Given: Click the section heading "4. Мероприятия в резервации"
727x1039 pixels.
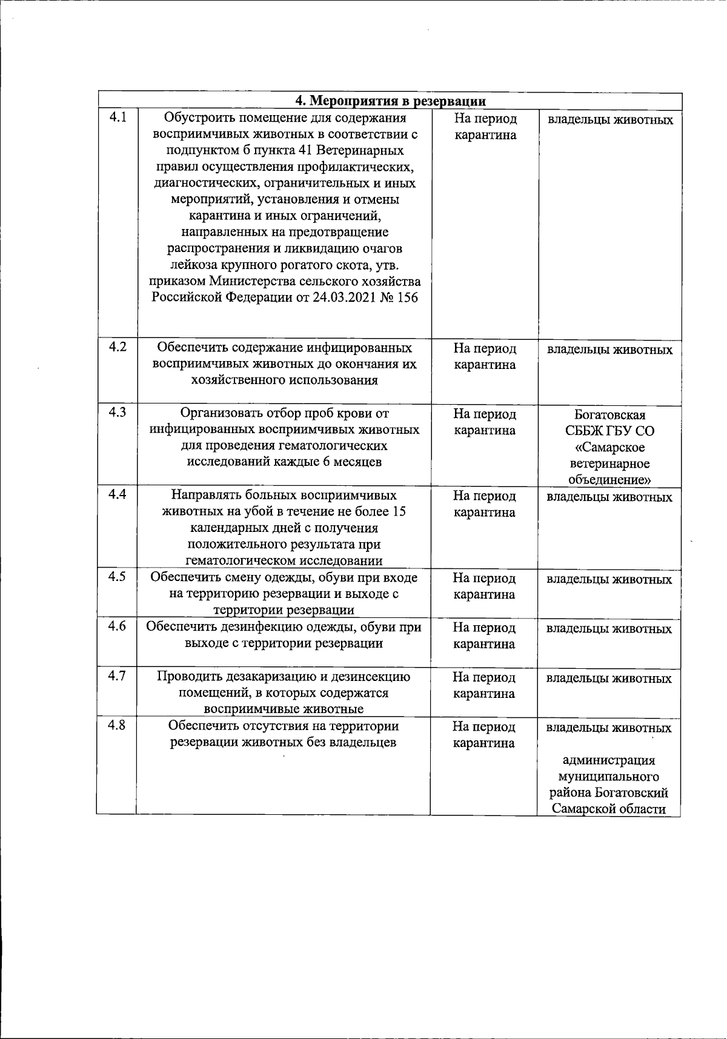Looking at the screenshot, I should coord(390,101).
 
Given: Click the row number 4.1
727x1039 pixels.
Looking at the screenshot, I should coord(118,117).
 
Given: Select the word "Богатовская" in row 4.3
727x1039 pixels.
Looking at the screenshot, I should coord(609,415).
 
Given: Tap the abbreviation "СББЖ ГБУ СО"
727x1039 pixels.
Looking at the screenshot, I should coord(609,431).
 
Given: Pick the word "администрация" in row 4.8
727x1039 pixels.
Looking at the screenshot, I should coord(609,760).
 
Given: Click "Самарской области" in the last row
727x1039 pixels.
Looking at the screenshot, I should coord(609,809).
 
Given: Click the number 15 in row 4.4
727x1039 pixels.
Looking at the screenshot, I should coord(398,511).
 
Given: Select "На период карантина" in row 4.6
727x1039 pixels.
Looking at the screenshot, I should coord(485,636).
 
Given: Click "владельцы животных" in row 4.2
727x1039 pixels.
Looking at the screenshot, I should coord(609,350).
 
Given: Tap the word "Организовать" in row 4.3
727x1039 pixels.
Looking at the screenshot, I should coord(221,413).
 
